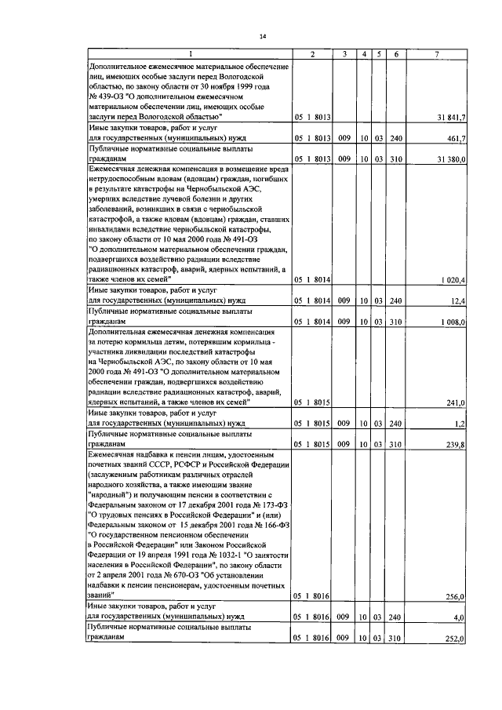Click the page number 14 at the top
[264, 36]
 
